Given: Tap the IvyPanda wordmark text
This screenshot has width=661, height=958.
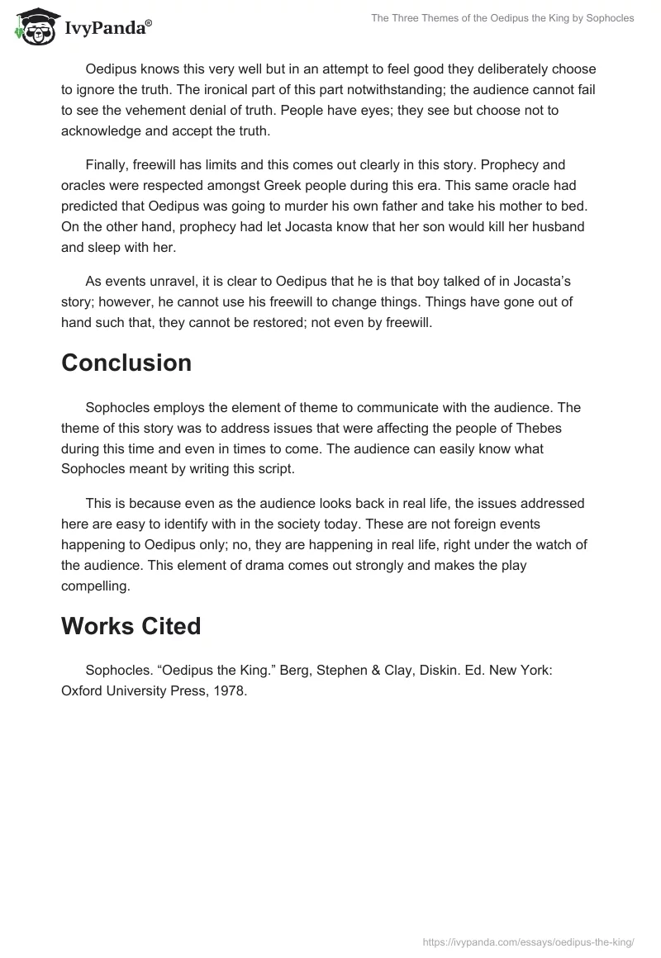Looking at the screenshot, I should [107, 28].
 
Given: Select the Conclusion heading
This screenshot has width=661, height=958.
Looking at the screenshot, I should [126, 363].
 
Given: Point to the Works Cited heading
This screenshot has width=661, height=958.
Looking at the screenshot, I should [131, 626].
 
